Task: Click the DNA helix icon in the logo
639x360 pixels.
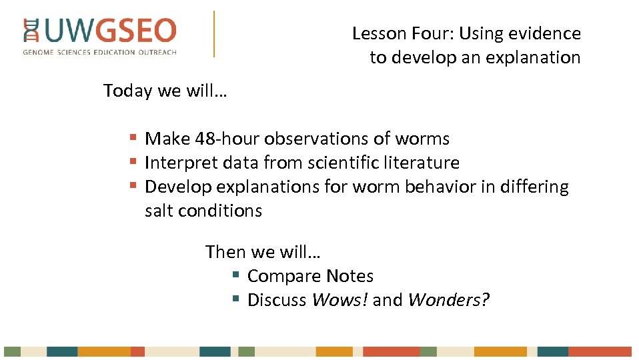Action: point(31,31)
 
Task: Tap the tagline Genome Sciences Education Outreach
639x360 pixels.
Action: point(100,52)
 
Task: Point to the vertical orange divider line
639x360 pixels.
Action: point(214,33)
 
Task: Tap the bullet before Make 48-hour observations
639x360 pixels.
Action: point(133,138)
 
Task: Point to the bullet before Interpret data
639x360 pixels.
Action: point(133,162)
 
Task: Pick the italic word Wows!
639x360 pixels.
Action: point(340,300)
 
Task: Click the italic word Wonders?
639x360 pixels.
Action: point(448,300)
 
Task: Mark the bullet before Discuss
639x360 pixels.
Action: point(235,299)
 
